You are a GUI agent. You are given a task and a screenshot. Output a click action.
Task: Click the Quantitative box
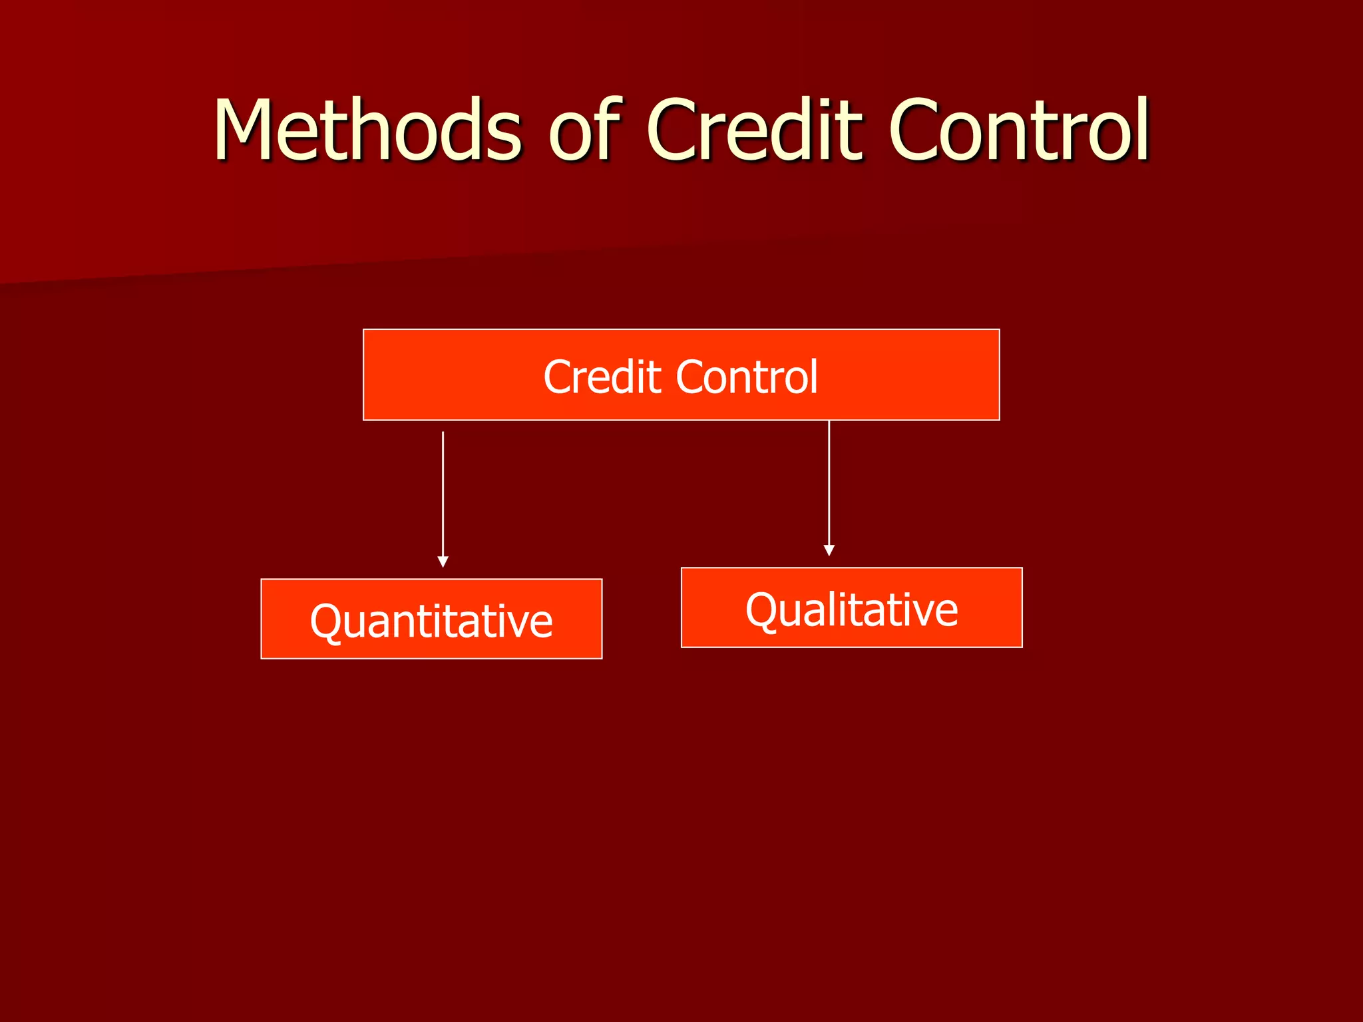coord(431,619)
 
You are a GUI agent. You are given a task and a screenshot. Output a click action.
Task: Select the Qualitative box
coord(851,607)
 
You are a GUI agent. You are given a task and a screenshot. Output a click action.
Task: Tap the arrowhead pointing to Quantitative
coord(443,562)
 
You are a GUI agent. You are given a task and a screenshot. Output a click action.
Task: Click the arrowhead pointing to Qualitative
coord(829,550)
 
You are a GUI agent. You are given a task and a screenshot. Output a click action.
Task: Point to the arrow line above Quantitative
coord(443,492)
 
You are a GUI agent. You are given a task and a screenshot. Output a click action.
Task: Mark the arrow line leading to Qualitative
coord(829,482)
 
